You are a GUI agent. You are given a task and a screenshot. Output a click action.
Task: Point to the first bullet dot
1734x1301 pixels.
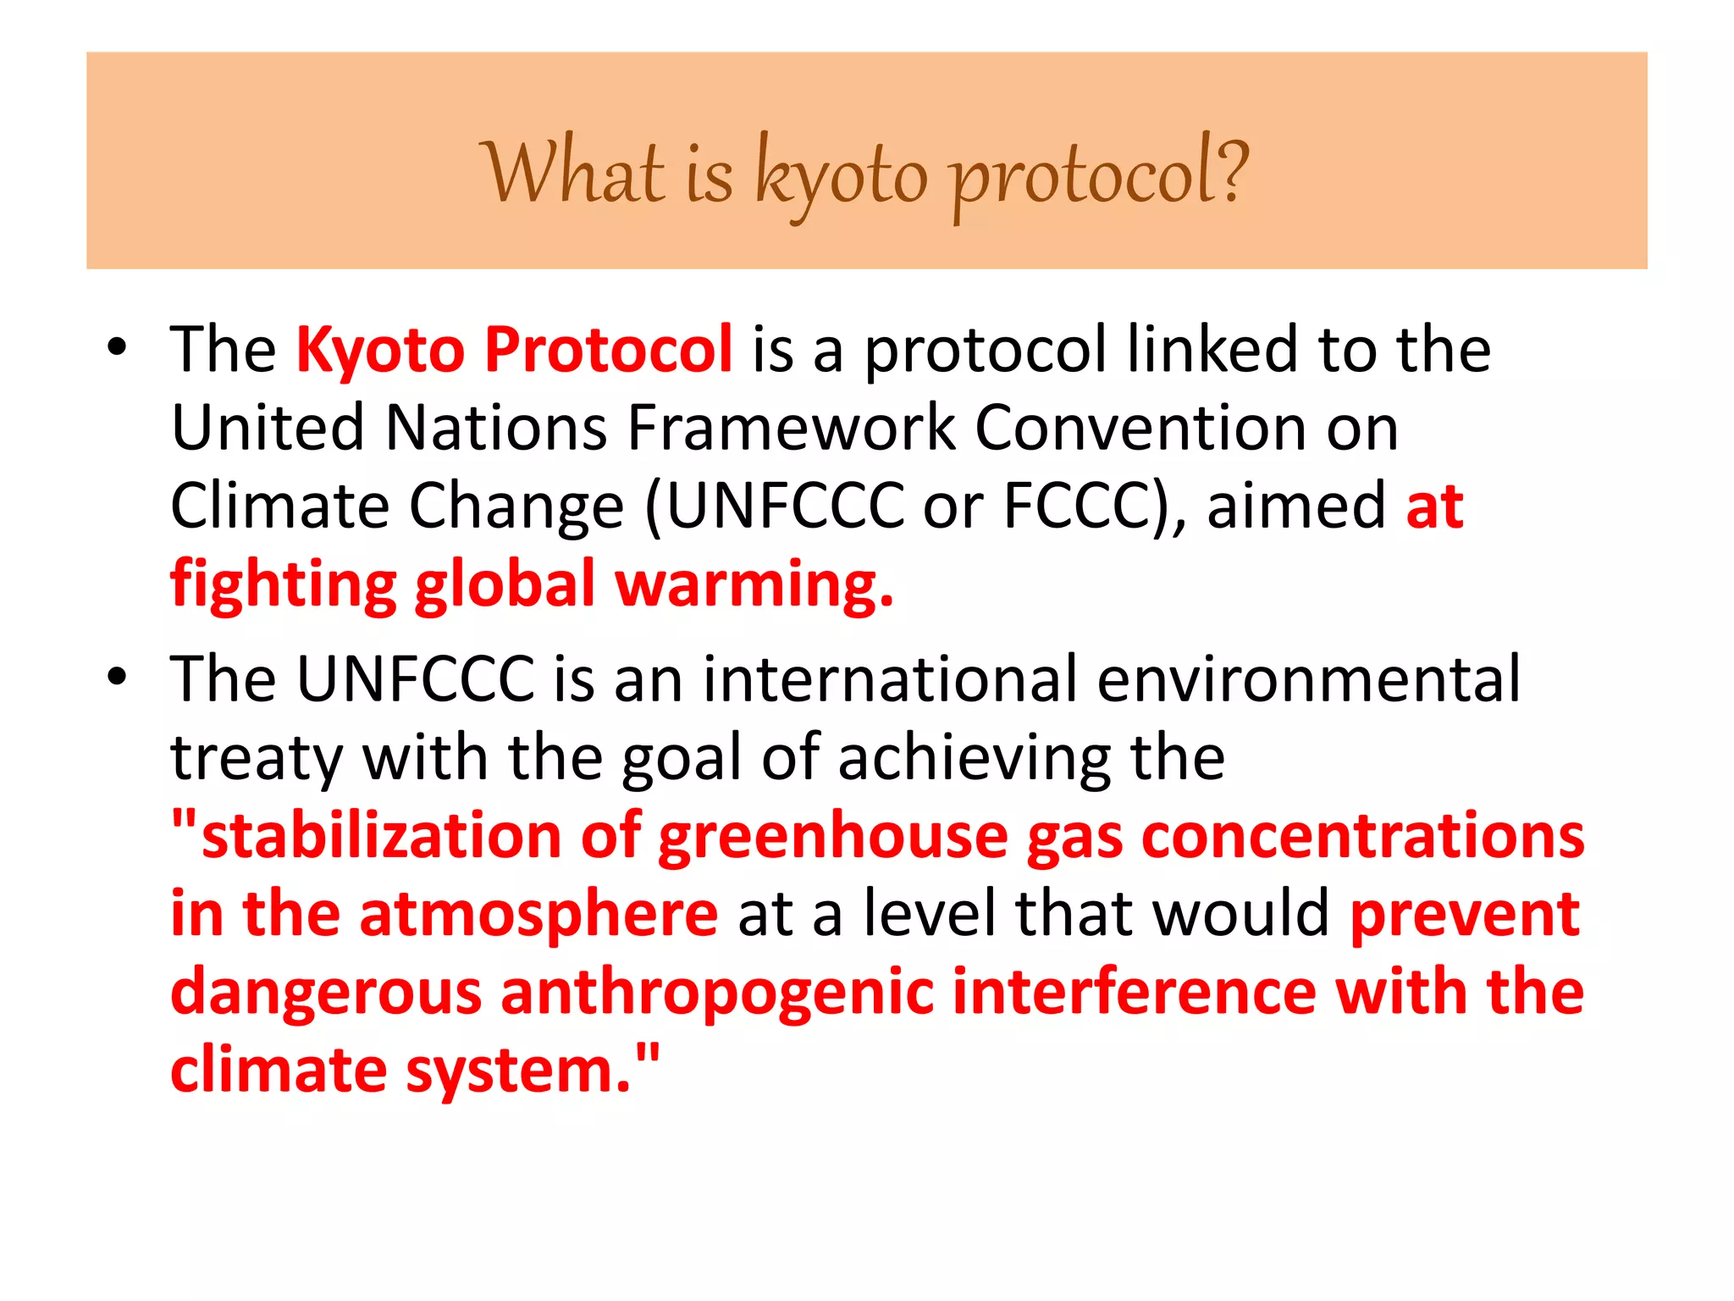click(117, 347)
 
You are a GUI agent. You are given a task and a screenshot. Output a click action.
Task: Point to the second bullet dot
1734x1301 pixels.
click(117, 677)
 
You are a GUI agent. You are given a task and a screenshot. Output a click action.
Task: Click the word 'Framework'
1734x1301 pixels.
click(791, 427)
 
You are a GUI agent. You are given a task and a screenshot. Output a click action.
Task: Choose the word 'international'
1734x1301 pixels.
click(890, 678)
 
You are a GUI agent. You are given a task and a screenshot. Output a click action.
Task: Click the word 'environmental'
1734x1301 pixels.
click(1308, 678)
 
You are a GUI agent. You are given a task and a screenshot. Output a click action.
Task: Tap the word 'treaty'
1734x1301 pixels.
click(256, 758)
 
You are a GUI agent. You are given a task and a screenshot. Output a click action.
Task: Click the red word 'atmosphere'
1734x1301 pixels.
click(538, 915)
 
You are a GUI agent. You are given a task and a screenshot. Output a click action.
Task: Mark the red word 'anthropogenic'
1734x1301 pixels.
click(717, 993)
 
